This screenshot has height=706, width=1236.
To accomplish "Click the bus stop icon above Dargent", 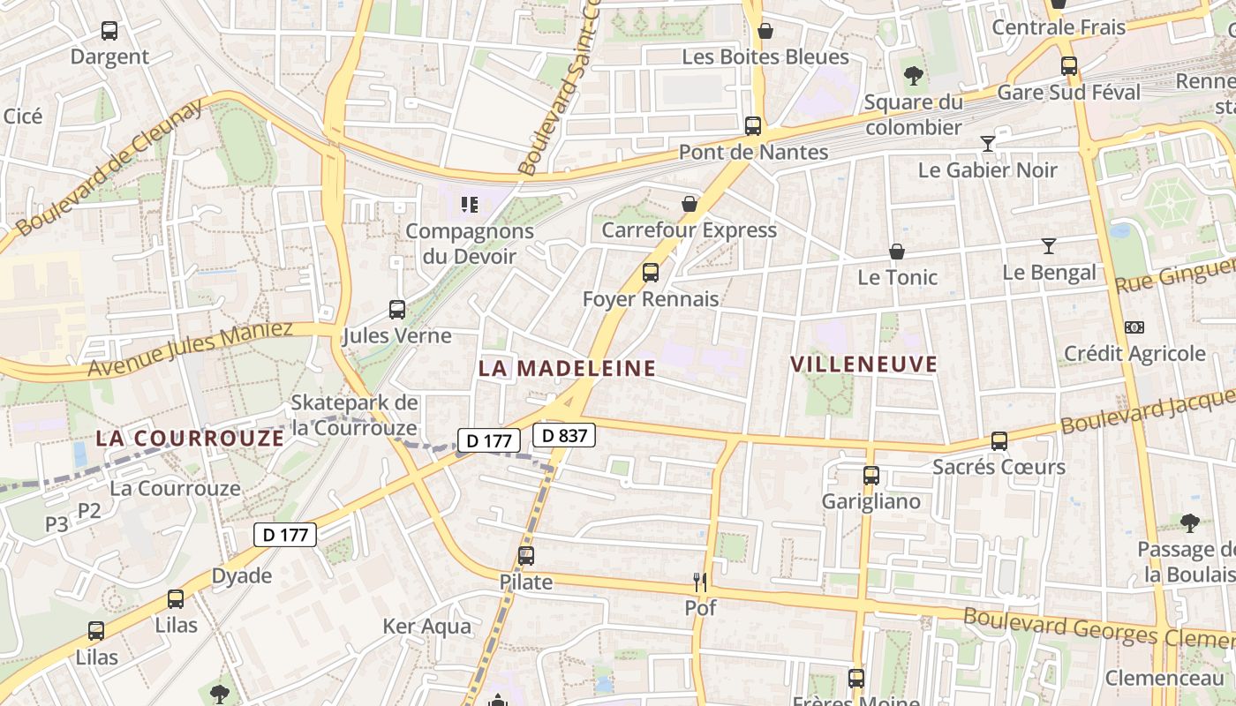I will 109,31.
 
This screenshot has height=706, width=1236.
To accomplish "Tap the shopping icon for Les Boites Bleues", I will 765,31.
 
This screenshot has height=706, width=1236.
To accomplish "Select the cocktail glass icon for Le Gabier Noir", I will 988,143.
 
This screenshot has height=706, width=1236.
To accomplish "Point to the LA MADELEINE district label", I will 567,368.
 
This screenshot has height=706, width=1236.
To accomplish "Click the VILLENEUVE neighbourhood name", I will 863,364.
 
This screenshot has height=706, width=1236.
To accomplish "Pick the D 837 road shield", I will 564,435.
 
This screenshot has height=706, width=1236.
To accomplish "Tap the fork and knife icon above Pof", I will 700,582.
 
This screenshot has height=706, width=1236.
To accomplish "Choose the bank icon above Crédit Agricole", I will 1134,327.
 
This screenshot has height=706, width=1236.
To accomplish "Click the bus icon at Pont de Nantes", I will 753,126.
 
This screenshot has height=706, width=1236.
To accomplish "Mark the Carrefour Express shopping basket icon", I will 690,204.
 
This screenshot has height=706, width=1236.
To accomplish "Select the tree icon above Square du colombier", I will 914,76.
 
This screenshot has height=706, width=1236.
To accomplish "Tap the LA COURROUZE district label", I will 190,438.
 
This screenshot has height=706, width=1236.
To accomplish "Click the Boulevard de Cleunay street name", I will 109,167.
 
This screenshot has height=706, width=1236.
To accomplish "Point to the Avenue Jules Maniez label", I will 190,349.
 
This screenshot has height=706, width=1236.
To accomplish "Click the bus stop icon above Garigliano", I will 871,476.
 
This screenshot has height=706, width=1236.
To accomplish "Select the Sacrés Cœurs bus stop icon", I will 999,440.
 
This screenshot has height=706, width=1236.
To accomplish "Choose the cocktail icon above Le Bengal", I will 1049,246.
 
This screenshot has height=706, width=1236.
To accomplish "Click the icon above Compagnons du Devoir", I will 470,205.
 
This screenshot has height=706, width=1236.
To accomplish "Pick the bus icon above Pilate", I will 526,556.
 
